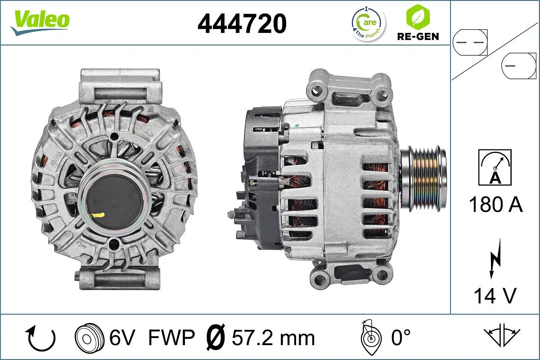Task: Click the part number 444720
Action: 242,23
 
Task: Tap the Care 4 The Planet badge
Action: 369,23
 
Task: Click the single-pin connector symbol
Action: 519,66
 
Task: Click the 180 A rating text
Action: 495,205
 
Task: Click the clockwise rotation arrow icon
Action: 41,338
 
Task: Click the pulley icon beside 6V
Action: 90,338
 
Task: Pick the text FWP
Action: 171,337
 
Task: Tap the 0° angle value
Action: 400,337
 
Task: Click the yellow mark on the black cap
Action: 98,215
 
